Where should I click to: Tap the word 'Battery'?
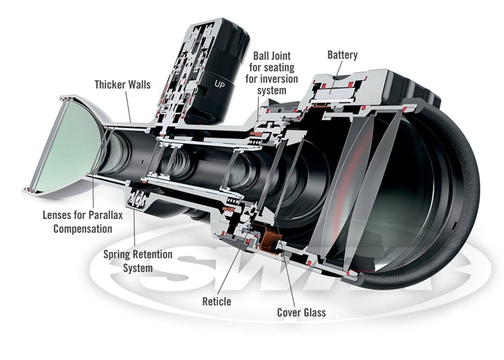(x=343, y=55)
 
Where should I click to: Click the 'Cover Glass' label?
(x=301, y=312)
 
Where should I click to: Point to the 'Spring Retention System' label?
(x=137, y=261)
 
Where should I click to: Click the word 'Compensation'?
(x=83, y=229)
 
